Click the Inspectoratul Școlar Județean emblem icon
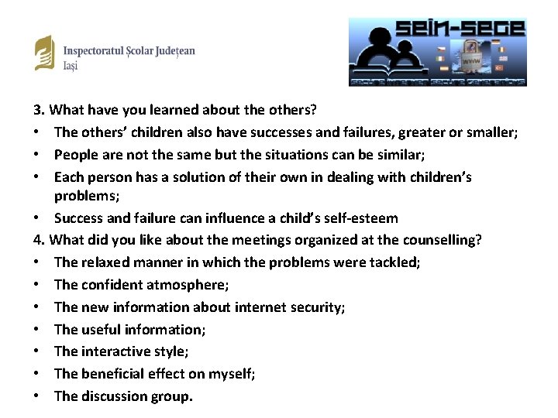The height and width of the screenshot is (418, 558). point(45,53)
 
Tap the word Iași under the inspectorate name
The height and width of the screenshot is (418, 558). point(70,66)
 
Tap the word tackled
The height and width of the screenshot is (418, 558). point(394,262)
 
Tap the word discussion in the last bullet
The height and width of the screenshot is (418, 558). point(113,396)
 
